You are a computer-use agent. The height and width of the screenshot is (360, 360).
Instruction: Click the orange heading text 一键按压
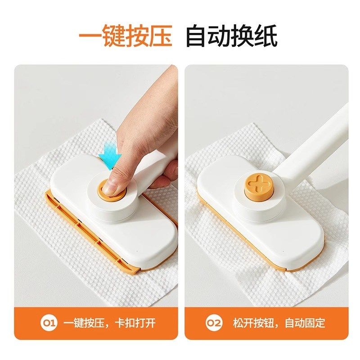point(126,36)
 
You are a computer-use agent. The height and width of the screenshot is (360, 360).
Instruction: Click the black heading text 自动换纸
point(232,36)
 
